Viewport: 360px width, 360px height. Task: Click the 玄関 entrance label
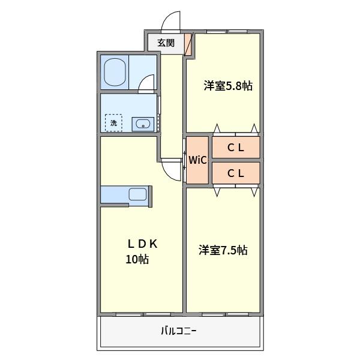click(x=166, y=43)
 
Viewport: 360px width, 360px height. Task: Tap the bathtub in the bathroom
click(x=115, y=72)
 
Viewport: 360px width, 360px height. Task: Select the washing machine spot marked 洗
click(x=113, y=123)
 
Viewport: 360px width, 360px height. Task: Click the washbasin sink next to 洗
click(x=143, y=124)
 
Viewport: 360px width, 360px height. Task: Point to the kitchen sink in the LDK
click(x=137, y=194)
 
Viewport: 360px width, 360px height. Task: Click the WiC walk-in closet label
click(x=197, y=160)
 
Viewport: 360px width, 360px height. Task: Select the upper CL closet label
click(x=236, y=148)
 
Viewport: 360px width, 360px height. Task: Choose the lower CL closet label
click(x=236, y=173)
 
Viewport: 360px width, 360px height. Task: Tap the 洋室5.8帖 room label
click(x=228, y=86)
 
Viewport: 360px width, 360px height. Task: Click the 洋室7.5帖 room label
click(x=223, y=250)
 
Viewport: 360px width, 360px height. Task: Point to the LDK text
click(x=143, y=244)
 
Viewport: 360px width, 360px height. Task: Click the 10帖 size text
click(x=137, y=259)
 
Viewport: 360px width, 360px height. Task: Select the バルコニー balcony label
click(x=179, y=331)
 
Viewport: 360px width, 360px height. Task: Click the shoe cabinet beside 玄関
click(x=188, y=44)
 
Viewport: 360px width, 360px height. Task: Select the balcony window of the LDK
click(x=143, y=314)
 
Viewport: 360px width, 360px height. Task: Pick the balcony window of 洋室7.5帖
click(x=225, y=314)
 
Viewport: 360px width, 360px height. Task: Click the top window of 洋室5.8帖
click(x=227, y=31)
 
